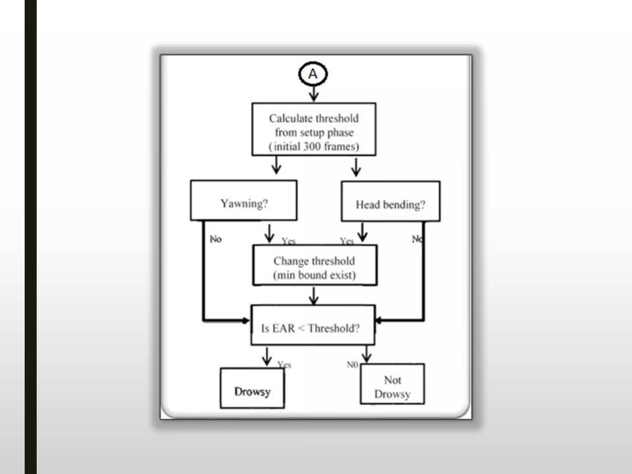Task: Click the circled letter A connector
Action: coord(313,74)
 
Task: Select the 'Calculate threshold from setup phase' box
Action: coord(314,129)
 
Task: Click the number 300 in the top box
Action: coord(312,146)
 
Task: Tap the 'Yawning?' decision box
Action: coord(244,201)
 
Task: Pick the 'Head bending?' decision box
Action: coord(390,202)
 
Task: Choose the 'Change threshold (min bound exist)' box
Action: coord(314,265)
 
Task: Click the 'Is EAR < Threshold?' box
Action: coord(313,325)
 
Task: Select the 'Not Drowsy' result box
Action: coord(392,384)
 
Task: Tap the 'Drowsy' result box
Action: coord(252,388)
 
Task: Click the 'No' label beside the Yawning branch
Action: coord(216,239)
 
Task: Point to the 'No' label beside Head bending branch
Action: coord(417,239)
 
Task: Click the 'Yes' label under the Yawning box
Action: coord(289,241)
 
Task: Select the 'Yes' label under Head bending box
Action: coord(347,241)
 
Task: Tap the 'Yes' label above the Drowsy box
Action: coord(284,365)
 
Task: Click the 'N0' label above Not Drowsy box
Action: coord(352,365)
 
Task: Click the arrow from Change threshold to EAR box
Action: coord(314,296)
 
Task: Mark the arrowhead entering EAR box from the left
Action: coord(246,321)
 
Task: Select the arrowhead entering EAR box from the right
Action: coord(378,320)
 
